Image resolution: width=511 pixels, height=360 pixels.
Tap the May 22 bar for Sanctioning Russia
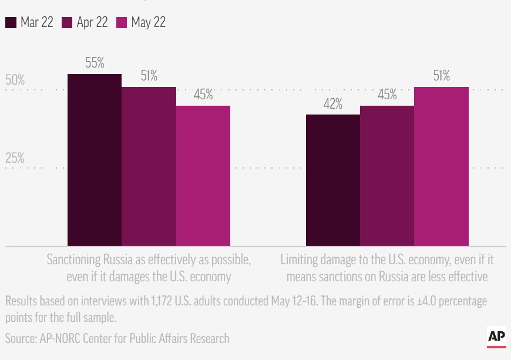pyautogui.click(x=203, y=176)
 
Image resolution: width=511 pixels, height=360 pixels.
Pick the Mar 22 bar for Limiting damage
pyautogui.click(x=333, y=180)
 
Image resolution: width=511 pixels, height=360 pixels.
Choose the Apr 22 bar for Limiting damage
pyautogui.click(x=387, y=176)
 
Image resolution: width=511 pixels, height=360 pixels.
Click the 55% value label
pyautogui.click(x=95, y=63)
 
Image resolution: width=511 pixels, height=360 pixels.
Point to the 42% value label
pyautogui.click(x=333, y=104)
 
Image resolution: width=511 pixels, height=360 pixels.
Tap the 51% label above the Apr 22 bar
pyautogui.click(x=149, y=76)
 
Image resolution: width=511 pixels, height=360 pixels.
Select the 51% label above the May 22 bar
pyautogui.click(x=441, y=76)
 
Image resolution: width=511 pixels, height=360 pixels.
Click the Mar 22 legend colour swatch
pyautogui.click(x=11, y=23)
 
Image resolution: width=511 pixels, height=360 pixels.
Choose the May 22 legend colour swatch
pyautogui.click(x=122, y=23)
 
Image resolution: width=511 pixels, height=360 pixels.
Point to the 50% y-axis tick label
pyautogui.click(x=15, y=80)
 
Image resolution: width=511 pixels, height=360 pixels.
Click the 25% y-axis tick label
pyautogui.click(x=15, y=158)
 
